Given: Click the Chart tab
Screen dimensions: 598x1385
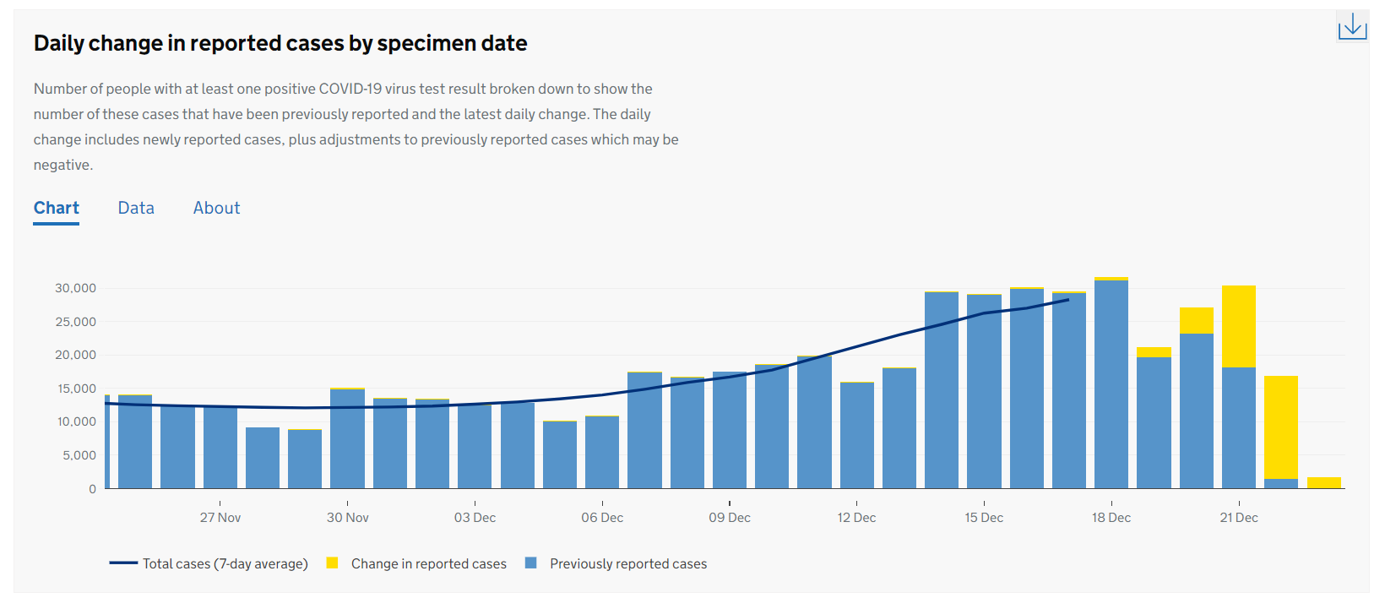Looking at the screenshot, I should [x=57, y=208].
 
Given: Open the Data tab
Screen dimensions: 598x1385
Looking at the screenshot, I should [x=136, y=208].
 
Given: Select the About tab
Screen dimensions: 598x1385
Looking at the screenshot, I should [x=216, y=208].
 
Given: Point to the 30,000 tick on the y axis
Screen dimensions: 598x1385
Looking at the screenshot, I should [x=76, y=288].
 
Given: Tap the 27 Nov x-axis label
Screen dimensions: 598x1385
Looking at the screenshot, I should [x=220, y=518].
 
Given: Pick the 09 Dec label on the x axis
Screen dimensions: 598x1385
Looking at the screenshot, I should [x=730, y=518].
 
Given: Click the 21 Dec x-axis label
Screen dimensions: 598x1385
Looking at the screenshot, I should [x=1239, y=518].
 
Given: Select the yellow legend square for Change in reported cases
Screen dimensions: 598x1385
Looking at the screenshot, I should [x=333, y=563].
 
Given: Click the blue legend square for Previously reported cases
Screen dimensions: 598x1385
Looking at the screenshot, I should [x=531, y=563].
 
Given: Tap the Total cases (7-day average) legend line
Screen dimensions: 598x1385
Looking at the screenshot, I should [x=123, y=563].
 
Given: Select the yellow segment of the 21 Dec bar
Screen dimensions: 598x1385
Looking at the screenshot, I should [x=1239, y=326].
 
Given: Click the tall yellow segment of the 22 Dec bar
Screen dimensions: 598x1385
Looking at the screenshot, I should [x=1281, y=427].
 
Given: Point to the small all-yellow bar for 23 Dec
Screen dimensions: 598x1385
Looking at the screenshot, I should [x=1323, y=483].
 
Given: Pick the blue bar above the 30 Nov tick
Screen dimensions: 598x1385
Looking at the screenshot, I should [x=347, y=439].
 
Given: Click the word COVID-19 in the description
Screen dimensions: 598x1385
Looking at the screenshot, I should [x=350, y=89].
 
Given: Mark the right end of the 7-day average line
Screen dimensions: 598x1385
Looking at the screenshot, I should [x=1068, y=299].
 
